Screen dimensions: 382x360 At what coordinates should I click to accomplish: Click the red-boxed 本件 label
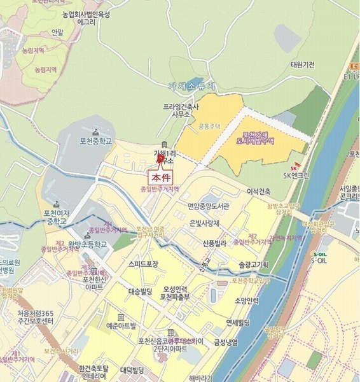click(160, 178)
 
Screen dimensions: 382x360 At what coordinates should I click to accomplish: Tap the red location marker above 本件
click(160, 159)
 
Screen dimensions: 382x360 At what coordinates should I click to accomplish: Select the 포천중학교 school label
click(96, 141)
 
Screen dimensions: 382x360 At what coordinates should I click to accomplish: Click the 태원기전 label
click(303, 65)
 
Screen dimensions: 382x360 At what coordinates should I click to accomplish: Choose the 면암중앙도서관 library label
click(208, 206)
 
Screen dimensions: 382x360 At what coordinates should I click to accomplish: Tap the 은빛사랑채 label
click(205, 223)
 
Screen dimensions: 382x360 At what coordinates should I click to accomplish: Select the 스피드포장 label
click(143, 264)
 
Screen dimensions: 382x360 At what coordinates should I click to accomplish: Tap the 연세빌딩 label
click(240, 322)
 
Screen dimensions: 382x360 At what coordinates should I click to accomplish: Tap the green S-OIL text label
click(320, 260)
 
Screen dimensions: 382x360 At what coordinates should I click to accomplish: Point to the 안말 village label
click(58, 32)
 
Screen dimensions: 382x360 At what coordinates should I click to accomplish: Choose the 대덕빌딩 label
click(132, 371)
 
